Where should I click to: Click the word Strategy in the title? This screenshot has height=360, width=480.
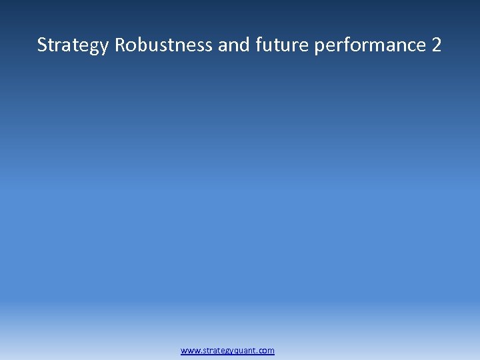tap(73, 45)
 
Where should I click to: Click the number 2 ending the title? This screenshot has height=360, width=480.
tap(436, 45)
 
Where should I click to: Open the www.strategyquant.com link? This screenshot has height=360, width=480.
tap(227, 350)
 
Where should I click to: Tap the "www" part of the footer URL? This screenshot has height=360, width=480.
tap(189, 350)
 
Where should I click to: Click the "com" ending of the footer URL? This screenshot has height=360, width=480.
tap(267, 350)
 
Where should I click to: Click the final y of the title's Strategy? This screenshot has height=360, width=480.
tap(103, 47)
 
